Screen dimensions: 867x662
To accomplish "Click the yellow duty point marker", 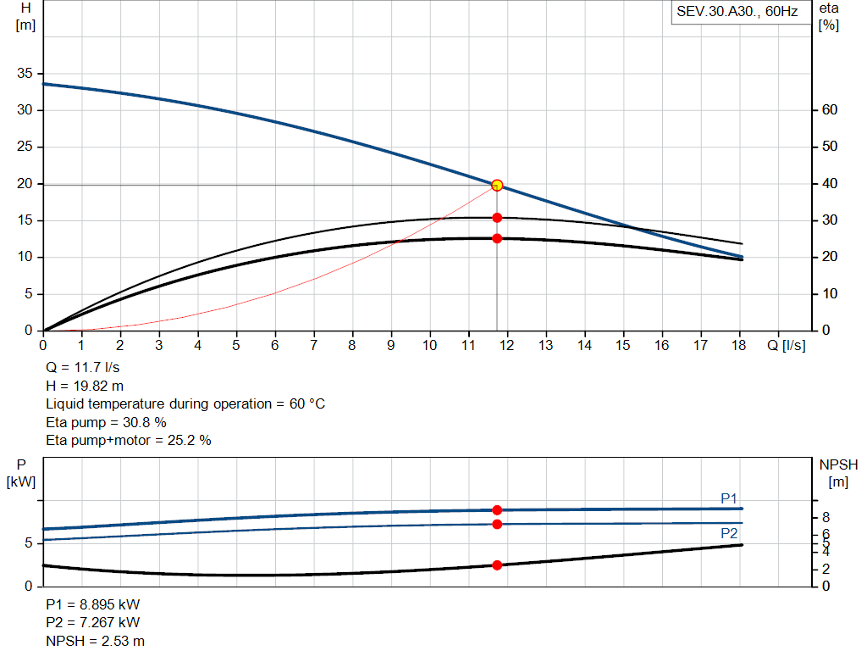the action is [x=497, y=185].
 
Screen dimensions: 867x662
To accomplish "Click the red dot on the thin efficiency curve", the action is [x=497, y=218].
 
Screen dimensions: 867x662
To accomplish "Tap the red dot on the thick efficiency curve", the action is [x=497, y=238].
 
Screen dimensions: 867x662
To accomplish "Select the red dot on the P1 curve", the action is [x=497, y=509].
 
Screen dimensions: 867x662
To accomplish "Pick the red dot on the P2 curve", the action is [x=497, y=524].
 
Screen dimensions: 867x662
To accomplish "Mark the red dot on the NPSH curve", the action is [x=497, y=565].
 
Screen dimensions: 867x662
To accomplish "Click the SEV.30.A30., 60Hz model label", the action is [x=737, y=12].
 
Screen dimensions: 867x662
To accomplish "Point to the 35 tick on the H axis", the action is [x=25, y=73].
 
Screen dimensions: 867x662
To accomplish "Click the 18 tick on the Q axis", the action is [x=738, y=345].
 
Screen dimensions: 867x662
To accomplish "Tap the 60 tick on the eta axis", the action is [x=830, y=109].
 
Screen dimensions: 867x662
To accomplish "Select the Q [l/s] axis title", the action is [x=787, y=345].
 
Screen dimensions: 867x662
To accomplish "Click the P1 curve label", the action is [x=729, y=498].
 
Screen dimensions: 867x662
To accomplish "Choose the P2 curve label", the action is [x=729, y=533].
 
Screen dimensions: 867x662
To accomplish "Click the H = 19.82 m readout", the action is [x=85, y=386].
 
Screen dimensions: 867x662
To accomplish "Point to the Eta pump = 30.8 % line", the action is [x=106, y=422].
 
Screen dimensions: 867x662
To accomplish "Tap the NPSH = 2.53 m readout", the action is [x=95, y=641].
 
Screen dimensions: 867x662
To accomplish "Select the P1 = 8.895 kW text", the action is [x=93, y=604].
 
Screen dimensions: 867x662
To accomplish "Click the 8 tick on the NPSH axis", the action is [x=826, y=518].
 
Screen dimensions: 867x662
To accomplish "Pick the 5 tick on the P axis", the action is [x=28, y=543].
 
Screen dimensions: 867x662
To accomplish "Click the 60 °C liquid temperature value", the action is [x=306, y=404].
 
